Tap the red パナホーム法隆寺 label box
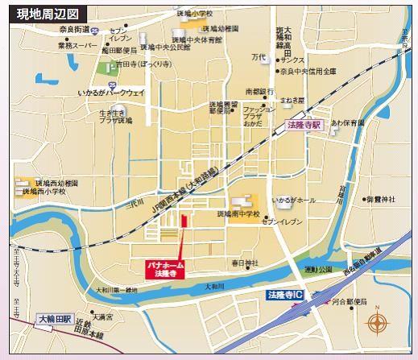(166, 268)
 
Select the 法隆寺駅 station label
(304, 126)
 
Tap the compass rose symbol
(377, 324)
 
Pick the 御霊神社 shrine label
(380, 199)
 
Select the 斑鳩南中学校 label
(238, 215)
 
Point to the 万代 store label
(258, 57)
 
